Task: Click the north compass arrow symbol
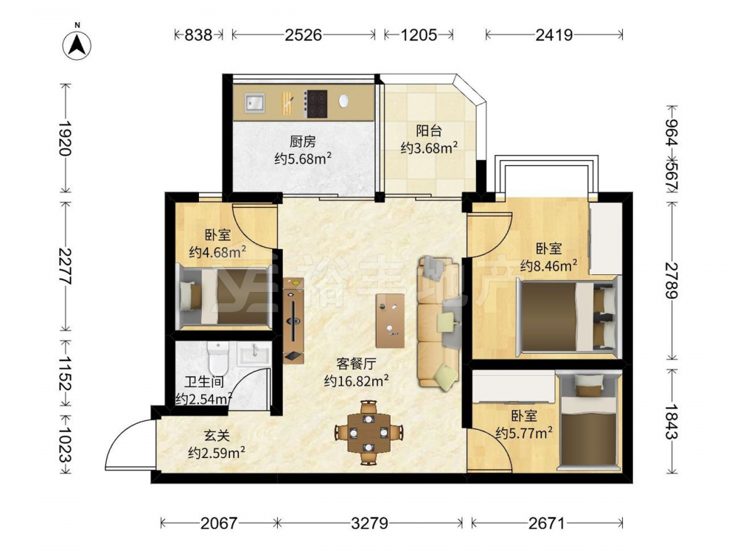77,45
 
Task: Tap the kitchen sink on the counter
254,102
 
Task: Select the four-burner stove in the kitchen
316,104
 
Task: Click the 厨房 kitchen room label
303,142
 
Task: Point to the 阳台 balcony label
429,131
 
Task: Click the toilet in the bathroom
217,357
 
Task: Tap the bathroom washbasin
254,353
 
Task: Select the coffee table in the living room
390,321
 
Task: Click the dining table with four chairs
369,432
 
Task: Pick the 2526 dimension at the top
303,35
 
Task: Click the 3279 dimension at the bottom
369,523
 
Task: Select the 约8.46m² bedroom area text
549,266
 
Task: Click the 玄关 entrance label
217,437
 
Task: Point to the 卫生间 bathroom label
204,383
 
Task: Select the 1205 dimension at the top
419,35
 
